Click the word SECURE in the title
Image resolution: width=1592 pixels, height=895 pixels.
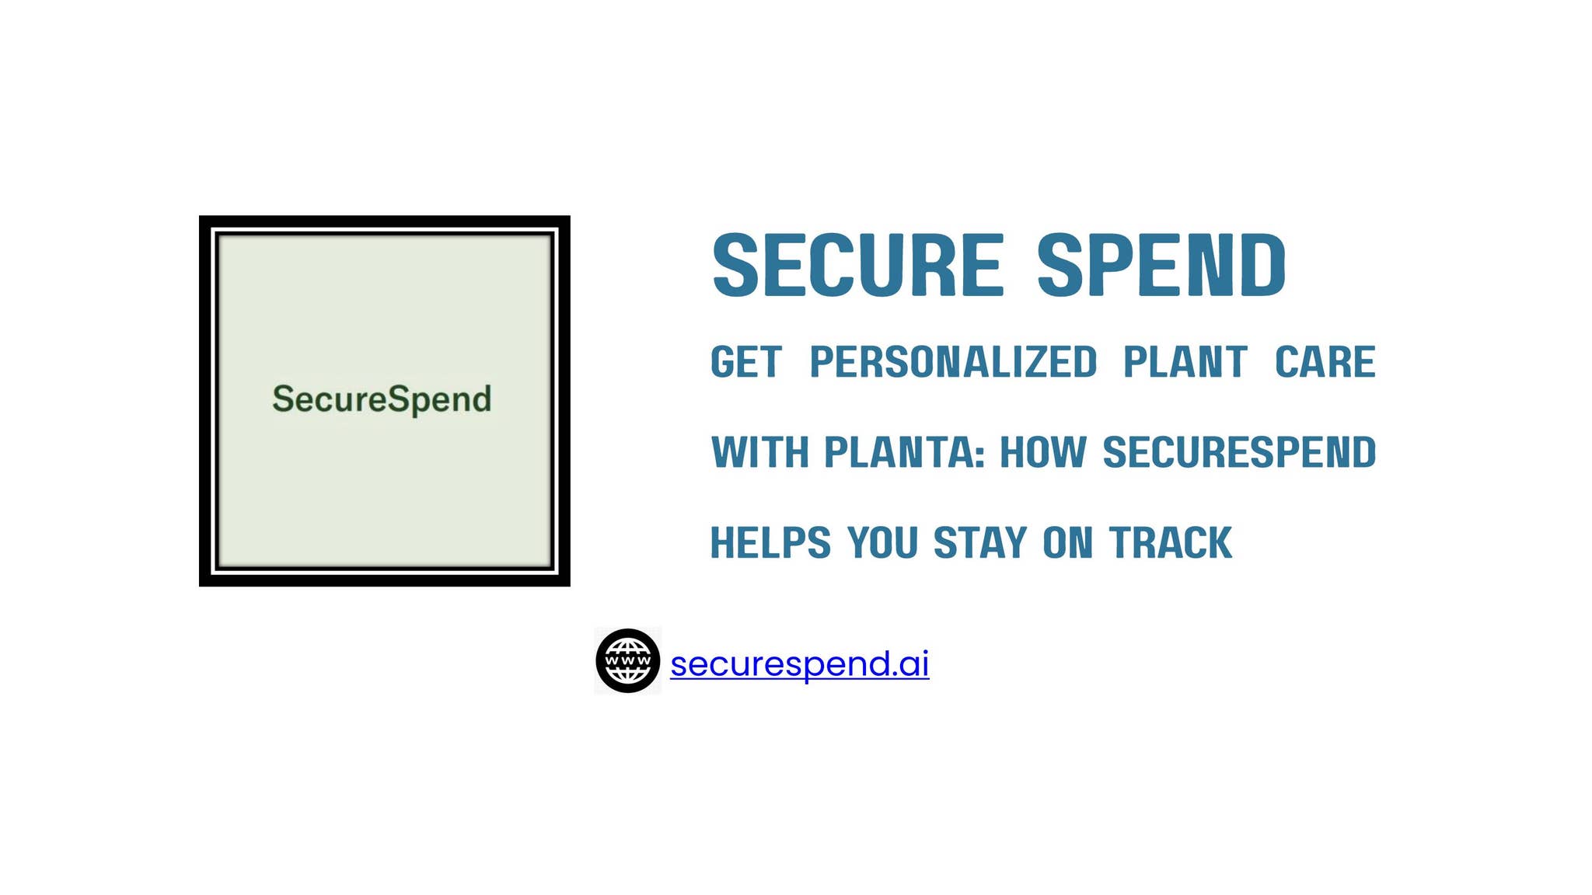(x=857, y=266)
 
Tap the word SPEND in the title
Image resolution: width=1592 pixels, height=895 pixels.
(x=1161, y=266)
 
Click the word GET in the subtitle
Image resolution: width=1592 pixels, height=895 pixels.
(x=745, y=363)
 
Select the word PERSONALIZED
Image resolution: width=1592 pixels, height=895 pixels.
(x=953, y=363)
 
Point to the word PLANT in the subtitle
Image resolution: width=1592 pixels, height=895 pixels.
(x=1185, y=363)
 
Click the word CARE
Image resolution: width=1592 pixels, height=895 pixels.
(x=1325, y=363)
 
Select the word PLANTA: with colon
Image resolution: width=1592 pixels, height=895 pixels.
(x=904, y=453)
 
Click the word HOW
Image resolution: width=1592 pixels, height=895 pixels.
(x=1042, y=453)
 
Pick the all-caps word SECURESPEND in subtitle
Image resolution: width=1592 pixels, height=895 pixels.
(x=1239, y=453)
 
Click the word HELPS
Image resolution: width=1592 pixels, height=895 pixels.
(x=770, y=543)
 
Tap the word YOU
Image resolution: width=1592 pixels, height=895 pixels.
(x=882, y=543)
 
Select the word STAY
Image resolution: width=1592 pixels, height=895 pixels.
(x=979, y=543)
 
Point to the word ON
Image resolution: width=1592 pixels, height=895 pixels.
(x=1067, y=543)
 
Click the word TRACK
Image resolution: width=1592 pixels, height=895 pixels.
(x=1170, y=543)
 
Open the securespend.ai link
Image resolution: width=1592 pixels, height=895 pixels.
(x=799, y=664)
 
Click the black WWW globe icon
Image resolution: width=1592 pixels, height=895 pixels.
(x=627, y=661)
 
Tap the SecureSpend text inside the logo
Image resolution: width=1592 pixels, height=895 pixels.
(x=381, y=399)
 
